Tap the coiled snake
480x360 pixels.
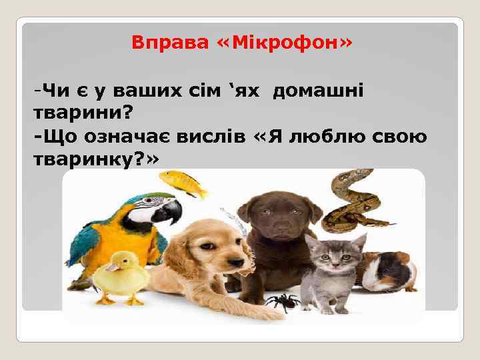350,200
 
